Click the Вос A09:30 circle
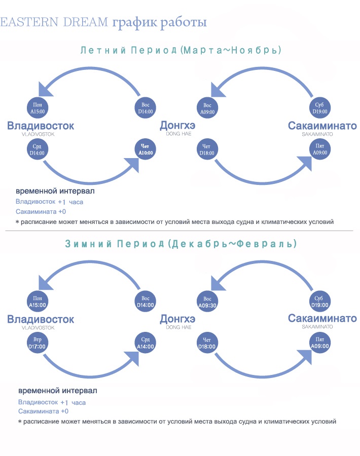(x=207, y=302)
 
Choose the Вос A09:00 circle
(x=207, y=108)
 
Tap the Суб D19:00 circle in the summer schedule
(x=320, y=108)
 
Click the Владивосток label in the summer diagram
(x=41, y=126)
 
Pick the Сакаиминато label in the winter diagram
(x=322, y=319)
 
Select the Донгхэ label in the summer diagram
(x=177, y=125)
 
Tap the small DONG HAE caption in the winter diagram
(x=178, y=327)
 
